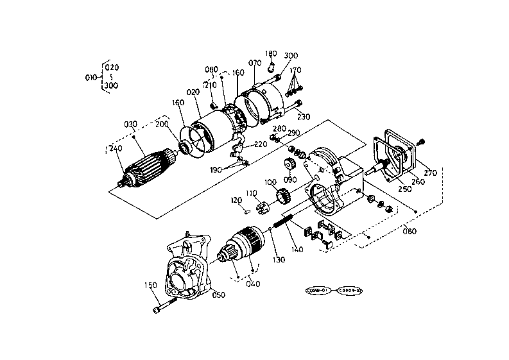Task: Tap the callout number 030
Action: pyautogui.click(x=131, y=124)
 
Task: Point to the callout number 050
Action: pyautogui.click(x=219, y=295)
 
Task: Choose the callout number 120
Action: pyautogui.click(x=236, y=200)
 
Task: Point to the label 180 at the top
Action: pyautogui.click(x=271, y=54)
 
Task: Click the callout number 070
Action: pyautogui.click(x=255, y=63)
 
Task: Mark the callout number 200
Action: pyautogui.click(x=161, y=124)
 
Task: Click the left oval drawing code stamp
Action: pyautogui.click(x=318, y=290)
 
